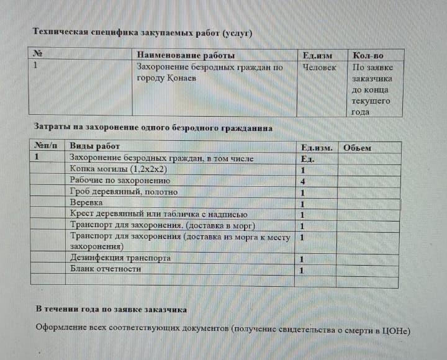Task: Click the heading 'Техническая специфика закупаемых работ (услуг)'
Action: coord(142,32)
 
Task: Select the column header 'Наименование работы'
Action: coord(186,56)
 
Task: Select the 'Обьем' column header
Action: coord(357,148)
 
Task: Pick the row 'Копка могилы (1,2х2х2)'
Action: coord(119,169)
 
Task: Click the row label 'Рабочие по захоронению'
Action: coord(120,181)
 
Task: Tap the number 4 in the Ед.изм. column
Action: coord(302,181)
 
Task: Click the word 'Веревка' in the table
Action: coord(86,203)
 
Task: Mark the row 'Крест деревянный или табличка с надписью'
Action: coord(159,214)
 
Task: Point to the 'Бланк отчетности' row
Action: coord(106,269)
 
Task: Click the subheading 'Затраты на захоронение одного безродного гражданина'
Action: coord(153,128)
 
